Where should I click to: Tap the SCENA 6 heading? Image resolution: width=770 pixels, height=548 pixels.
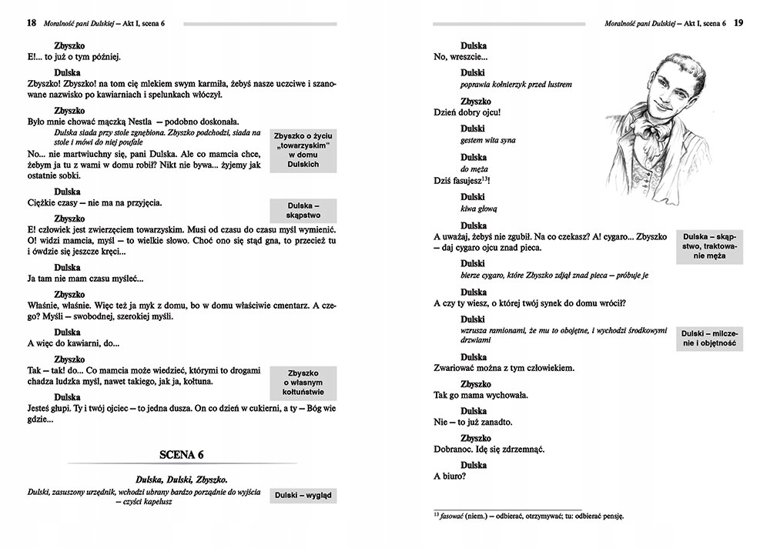pyautogui.click(x=181, y=455)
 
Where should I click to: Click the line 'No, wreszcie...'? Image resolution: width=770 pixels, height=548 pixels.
pyautogui.click(x=460, y=57)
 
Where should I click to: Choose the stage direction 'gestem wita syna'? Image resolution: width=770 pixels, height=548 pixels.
pyautogui.click(x=487, y=140)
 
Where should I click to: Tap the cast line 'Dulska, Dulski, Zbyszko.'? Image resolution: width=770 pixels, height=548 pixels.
pyautogui.click(x=181, y=479)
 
